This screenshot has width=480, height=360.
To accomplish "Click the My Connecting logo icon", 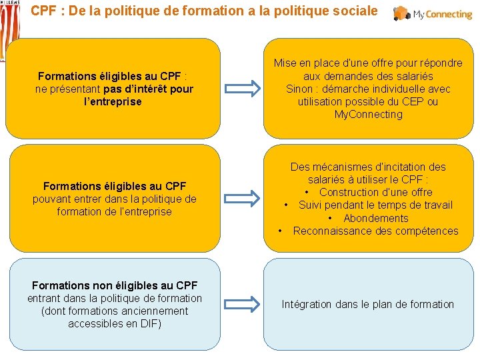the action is coord(402,13).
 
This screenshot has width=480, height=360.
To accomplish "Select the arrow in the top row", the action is coord(242,89).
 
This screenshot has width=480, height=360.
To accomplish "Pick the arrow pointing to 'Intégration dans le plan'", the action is coord(242,305).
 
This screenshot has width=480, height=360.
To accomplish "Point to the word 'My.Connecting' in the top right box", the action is coord(369,115).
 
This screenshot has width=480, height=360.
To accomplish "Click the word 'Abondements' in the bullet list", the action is coord(376,219).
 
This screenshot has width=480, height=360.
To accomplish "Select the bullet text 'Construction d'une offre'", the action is coord(376,193).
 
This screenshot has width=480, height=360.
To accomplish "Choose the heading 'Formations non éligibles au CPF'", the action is coord(115,286).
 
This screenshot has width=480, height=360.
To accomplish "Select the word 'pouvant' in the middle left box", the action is coord(51,199).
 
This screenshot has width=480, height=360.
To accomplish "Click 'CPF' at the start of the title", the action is coord(44,11).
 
